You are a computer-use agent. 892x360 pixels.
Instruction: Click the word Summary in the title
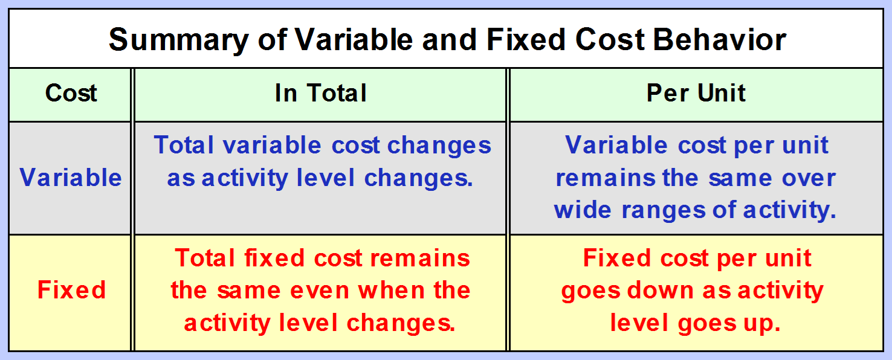(179, 40)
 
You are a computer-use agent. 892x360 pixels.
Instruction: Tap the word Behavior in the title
(720, 40)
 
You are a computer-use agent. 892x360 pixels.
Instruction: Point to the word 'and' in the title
(450, 40)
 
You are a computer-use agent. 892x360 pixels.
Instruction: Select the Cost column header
(71, 93)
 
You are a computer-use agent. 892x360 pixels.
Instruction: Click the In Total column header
(320, 93)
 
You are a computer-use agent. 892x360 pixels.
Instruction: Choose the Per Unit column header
(696, 93)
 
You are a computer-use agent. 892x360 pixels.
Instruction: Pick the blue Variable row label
(71, 177)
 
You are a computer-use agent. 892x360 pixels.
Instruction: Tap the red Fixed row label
(72, 289)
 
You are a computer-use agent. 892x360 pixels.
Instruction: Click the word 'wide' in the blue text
(583, 210)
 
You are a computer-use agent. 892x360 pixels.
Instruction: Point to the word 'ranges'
(664, 211)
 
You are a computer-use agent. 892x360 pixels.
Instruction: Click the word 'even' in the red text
(320, 291)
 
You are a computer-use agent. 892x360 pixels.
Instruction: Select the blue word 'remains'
(606, 178)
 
